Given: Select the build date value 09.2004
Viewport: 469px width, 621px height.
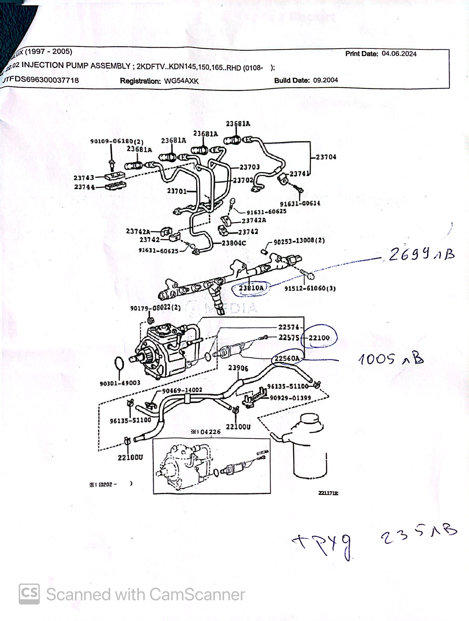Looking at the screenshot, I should point(326,80).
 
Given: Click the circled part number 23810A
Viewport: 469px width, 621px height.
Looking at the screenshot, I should point(251,288).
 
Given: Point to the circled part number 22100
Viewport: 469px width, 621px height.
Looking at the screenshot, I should point(319,338).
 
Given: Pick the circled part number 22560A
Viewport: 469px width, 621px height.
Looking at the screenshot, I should point(287,358).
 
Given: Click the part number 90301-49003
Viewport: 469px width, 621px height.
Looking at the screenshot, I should point(120,383).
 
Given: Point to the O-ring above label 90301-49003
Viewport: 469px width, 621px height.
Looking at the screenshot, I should point(119,364).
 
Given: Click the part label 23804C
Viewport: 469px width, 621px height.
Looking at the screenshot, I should point(234,243).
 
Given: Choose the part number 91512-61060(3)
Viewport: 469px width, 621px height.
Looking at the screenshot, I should point(310,288).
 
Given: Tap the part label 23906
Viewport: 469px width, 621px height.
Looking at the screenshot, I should point(238,368).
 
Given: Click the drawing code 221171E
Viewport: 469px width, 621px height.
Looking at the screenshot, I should point(328,493).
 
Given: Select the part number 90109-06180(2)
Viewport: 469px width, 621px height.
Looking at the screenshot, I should point(117,141).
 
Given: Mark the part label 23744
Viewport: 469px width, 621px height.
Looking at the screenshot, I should point(84,187).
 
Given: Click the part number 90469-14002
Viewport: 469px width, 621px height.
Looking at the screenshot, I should point(182,390).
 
